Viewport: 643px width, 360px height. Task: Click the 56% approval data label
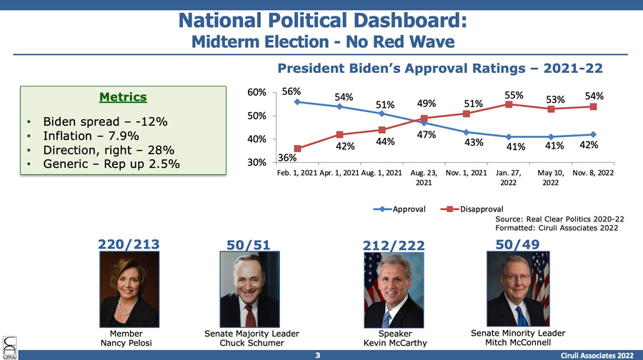tap(291, 91)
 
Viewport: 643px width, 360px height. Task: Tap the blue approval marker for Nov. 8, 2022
tap(594, 134)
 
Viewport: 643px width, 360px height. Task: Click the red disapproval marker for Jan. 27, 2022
tap(509, 104)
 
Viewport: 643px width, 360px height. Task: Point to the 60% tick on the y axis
tap(256, 93)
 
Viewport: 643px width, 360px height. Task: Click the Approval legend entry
tap(404, 209)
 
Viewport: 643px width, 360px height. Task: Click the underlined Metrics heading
tap(123, 96)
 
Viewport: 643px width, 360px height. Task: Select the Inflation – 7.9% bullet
tap(91, 136)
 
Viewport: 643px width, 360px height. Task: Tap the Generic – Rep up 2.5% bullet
tap(111, 165)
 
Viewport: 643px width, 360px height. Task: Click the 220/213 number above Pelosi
tap(129, 244)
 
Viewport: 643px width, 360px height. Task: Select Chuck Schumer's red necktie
tap(250, 314)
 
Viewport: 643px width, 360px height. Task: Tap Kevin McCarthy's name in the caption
tap(394, 343)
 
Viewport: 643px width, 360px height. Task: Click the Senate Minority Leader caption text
tap(518, 333)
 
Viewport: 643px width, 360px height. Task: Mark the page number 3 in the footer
tap(321, 354)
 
